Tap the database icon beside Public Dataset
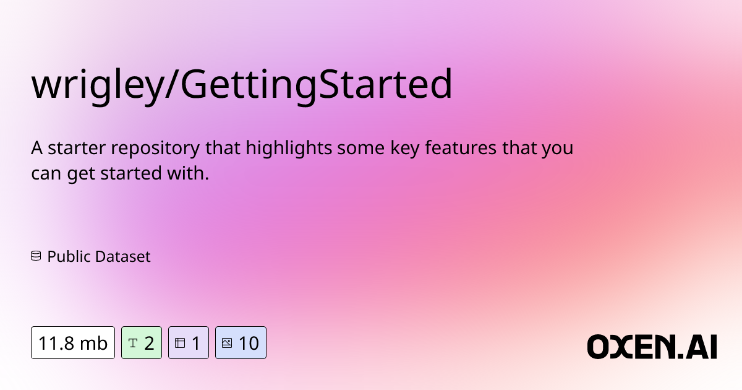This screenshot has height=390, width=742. point(36,256)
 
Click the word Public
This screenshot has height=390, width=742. point(68,256)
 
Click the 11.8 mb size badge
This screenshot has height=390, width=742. point(73,342)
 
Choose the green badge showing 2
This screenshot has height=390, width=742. point(142,342)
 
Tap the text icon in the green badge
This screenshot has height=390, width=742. point(132,342)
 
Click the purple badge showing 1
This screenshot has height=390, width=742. point(189,342)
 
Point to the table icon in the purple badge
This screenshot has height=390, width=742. point(180,342)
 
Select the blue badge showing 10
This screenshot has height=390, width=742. point(241,342)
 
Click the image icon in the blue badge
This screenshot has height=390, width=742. point(227,342)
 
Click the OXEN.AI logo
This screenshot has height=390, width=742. point(652,346)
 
